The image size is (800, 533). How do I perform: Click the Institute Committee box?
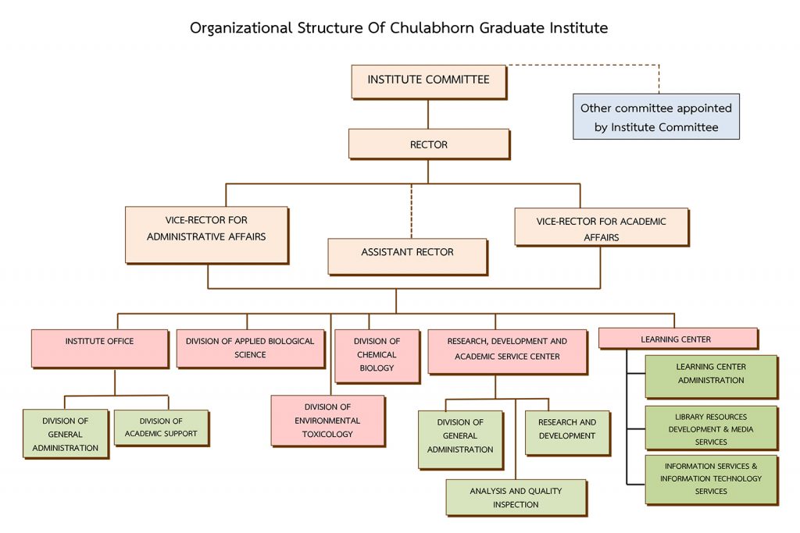tap(428, 80)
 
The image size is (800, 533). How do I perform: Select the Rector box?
tap(428, 144)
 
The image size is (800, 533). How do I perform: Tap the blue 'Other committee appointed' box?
tap(655, 117)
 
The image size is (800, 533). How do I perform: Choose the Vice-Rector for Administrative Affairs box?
tap(206, 234)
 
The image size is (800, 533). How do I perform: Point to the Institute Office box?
tap(99, 347)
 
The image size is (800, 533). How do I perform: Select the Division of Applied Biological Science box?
tap(250, 348)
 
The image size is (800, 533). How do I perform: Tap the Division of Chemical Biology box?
tap(377, 355)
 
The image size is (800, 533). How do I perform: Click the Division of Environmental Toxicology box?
tap(327, 421)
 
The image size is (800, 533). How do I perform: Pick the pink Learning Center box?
tap(677, 339)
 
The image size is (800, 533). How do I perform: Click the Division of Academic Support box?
tap(161, 428)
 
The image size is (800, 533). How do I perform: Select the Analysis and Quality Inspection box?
tap(516, 497)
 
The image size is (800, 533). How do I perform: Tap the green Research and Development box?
tap(566, 432)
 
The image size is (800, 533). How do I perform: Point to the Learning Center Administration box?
tap(711, 375)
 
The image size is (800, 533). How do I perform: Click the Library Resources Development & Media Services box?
tap(711, 428)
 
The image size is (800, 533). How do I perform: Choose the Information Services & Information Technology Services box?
tap(711, 479)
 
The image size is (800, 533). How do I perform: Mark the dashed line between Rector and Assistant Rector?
tap(412, 211)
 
